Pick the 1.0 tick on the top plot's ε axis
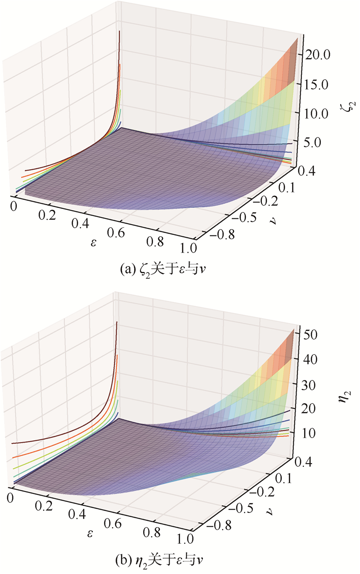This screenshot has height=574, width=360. [x=187, y=248]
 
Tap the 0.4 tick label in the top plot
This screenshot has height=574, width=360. [x=308, y=171]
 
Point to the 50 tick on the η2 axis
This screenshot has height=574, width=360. [x=311, y=334]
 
